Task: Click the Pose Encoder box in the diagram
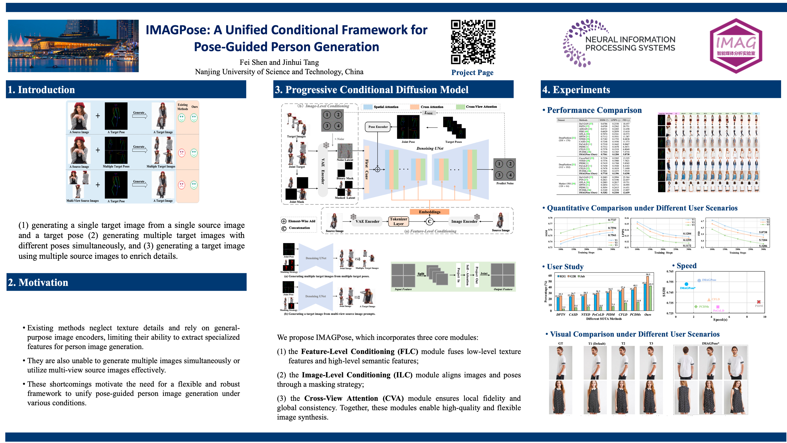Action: point(378,127)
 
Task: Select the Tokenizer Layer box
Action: point(398,221)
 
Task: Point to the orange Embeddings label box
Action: point(430,212)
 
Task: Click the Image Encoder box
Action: point(464,221)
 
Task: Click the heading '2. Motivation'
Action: point(38,282)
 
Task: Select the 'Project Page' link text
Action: point(472,72)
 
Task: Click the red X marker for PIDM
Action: point(759,302)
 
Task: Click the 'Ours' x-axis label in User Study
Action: point(648,314)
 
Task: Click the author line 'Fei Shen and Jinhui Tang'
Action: point(279,62)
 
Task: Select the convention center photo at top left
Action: point(73,46)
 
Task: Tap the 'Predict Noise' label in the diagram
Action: point(505,183)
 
